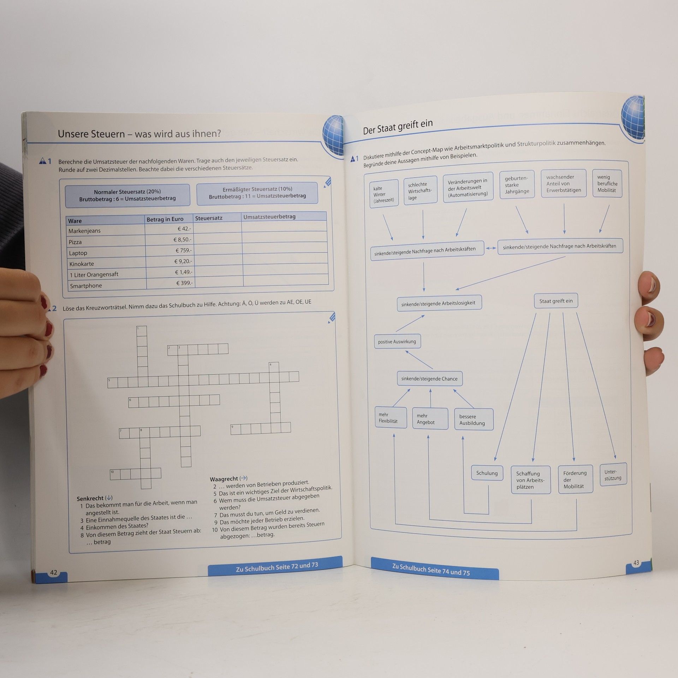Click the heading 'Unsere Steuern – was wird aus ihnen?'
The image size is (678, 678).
(x=139, y=134)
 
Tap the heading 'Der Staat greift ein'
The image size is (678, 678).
(x=398, y=127)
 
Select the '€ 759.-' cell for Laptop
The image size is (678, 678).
(x=168, y=250)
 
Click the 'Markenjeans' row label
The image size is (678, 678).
(x=84, y=231)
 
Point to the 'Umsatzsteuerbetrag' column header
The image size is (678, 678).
(x=269, y=216)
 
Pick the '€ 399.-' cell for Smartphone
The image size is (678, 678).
(x=169, y=283)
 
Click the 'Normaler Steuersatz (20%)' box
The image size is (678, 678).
(x=127, y=195)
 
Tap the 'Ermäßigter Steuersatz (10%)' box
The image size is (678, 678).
(x=257, y=193)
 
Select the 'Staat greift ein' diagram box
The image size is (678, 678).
(x=556, y=301)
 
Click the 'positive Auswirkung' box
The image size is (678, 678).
(x=397, y=341)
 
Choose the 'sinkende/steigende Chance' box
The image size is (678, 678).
(x=429, y=379)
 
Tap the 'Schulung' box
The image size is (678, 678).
(x=487, y=473)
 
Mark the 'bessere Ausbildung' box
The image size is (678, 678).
(x=474, y=420)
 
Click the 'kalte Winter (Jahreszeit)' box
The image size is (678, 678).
(x=384, y=194)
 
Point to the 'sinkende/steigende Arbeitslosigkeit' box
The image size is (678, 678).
(x=439, y=303)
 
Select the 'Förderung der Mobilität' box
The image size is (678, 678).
(x=575, y=480)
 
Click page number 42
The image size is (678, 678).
(x=54, y=572)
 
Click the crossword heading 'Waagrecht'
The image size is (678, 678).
(x=224, y=479)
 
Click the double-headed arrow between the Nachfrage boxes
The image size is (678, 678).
(x=491, y=248)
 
